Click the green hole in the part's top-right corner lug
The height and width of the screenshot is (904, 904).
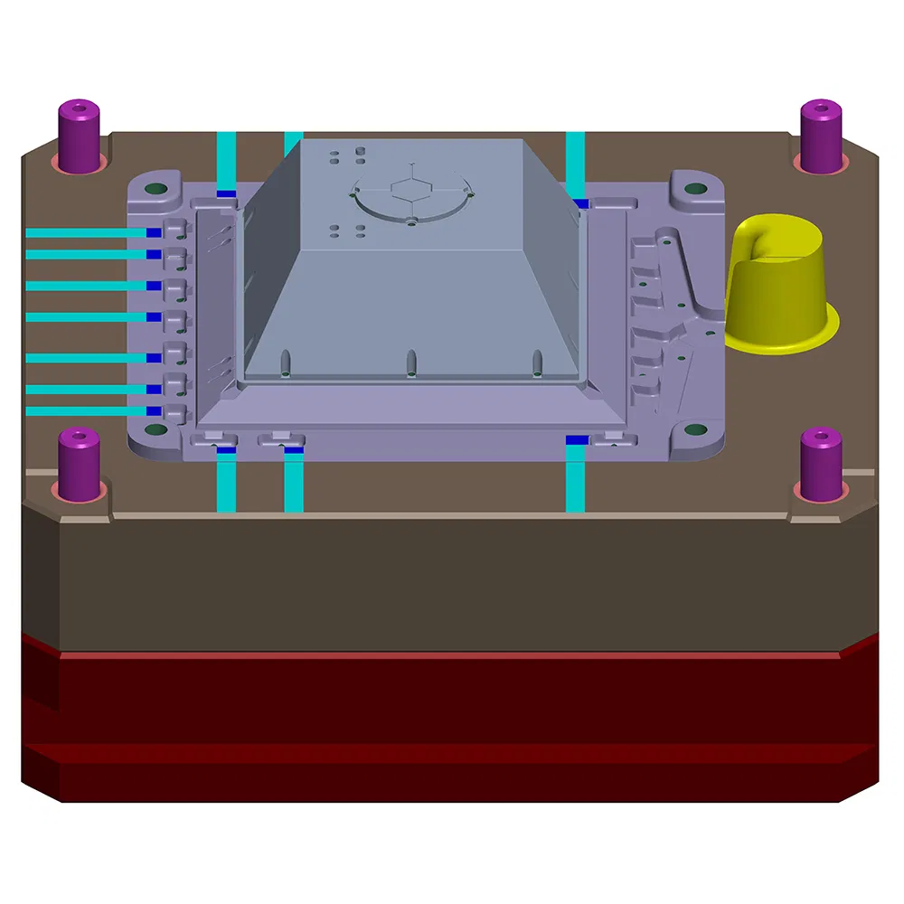pyautogui.click(x=694, y=189)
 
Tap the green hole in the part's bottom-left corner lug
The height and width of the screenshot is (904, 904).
pyautogui.click(x=155, y=430)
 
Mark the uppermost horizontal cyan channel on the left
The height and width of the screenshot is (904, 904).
pyautogui.click(x=86, y=232)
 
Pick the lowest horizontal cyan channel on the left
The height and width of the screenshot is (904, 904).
pyautogui.click(x=86, y=411)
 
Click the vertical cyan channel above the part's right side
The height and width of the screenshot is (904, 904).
pyautogui.click(x=575, y=163)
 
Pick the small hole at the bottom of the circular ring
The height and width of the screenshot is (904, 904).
pyautogui.click(x=411, y=220)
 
